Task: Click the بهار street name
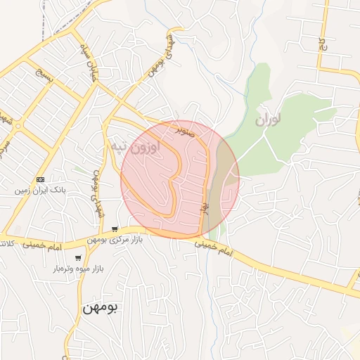(x=205, y=206)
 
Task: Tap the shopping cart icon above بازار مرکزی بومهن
(x=115, y=229)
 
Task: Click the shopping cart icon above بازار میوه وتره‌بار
(x=77, y=258)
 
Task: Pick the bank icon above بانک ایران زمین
(x=39, y=180)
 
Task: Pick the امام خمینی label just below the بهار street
(x=215, y=247)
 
